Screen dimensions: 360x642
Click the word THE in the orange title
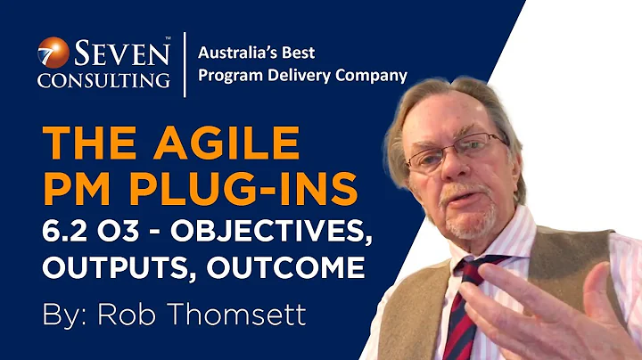coord(89,142)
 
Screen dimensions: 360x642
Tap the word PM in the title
coord(78,190)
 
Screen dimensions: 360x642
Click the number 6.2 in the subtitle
coord(67,232)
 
